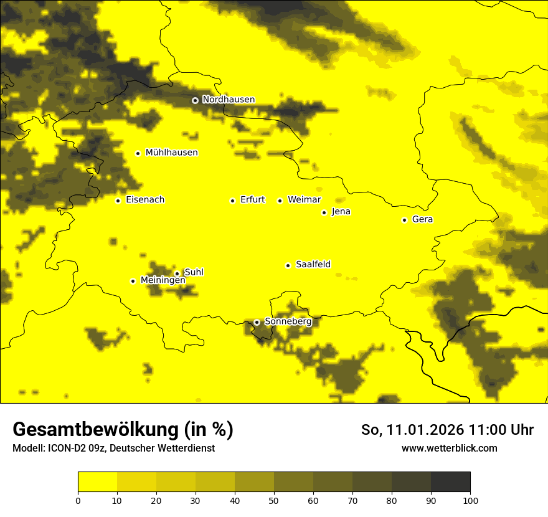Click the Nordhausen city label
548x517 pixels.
coord(228,100)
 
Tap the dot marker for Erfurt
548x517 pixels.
coord(232,201)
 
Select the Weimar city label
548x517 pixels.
coord(304,200)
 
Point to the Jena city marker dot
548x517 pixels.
coord(324,212)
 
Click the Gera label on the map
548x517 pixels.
coord(422,219)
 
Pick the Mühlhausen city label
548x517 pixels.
coord(171,153)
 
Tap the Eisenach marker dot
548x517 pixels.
coord(118,201)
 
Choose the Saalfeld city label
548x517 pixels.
coord(313,265)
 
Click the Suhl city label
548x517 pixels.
coord(194,272)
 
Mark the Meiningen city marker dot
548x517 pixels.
coord(133,281)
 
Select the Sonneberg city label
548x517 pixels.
coord(288,321)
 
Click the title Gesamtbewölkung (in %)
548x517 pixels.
coord(123,430)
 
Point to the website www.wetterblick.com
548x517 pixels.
coord(449,448)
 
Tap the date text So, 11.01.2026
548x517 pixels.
coord(413,430)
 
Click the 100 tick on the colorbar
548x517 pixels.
coord(470,500)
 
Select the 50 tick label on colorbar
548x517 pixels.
coord(274,500)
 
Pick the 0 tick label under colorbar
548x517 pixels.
coord(78,500)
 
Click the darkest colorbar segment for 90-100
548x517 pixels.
coord(450,482)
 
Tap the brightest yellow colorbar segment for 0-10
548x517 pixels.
coord(97,482)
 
